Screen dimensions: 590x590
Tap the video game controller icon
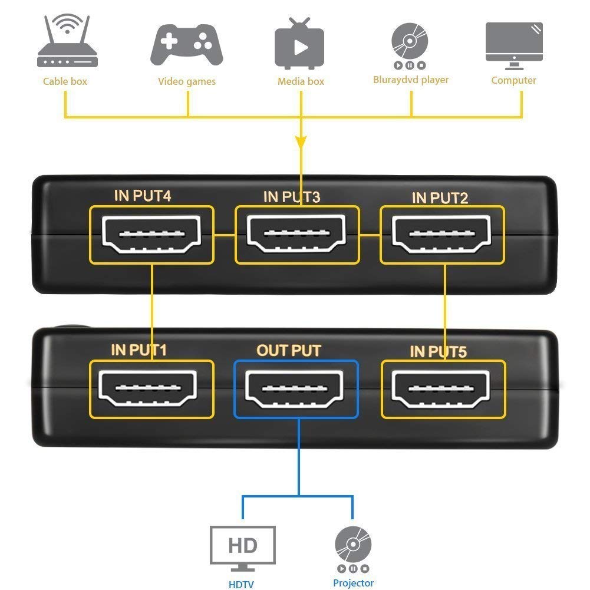point(187,45)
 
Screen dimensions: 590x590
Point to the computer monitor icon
point(514,46)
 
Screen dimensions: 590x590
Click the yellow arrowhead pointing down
point(301,142)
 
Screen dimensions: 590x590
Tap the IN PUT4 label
point(143,196)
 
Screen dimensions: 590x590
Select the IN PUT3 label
point(292,197)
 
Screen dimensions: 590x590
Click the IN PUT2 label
point(440,198)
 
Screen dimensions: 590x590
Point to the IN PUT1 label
point(139,350)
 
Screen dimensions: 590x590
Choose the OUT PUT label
point(289,351)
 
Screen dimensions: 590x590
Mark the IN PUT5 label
point(439,352)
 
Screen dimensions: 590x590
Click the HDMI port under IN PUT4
point(151,234)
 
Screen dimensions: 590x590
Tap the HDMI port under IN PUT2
point(441,235)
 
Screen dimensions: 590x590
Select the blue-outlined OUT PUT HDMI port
point(294,389)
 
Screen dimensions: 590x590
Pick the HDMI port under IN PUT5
point(441,389)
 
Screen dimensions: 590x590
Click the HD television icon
point(243,549)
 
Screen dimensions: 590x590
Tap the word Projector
point(353,583)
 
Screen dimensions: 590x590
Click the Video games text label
point(187,81)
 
